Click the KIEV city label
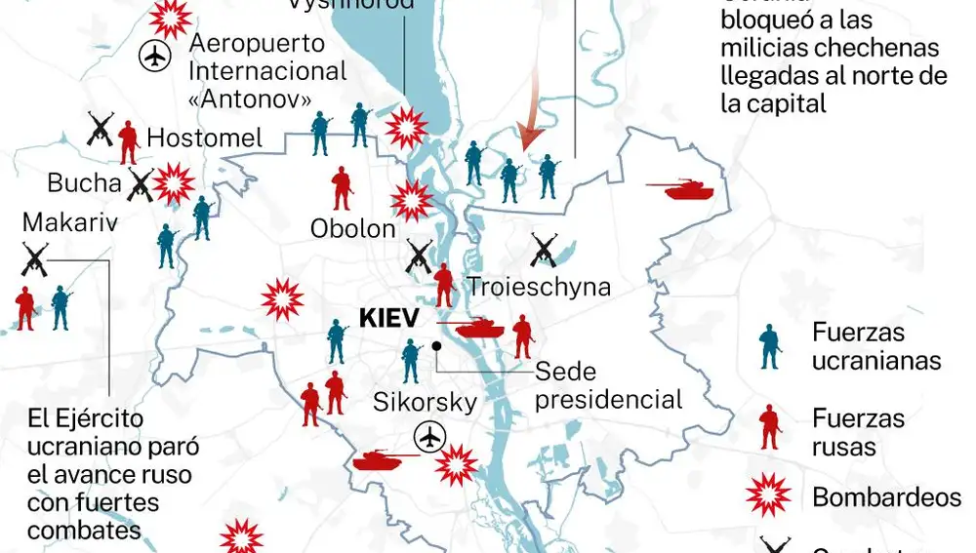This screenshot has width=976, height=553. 388,318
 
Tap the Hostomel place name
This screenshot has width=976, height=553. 205,138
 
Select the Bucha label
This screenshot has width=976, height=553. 85,182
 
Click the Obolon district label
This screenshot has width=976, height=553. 353,229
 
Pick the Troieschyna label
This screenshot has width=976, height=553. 539,287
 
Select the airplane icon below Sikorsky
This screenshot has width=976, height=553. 428,438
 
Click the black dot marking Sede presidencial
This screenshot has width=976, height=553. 437,345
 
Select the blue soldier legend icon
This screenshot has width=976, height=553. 771,347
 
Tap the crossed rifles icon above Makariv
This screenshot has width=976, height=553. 35,259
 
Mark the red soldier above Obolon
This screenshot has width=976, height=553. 341,188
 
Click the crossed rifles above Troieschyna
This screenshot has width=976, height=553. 544,250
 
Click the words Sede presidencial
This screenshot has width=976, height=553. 609,385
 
